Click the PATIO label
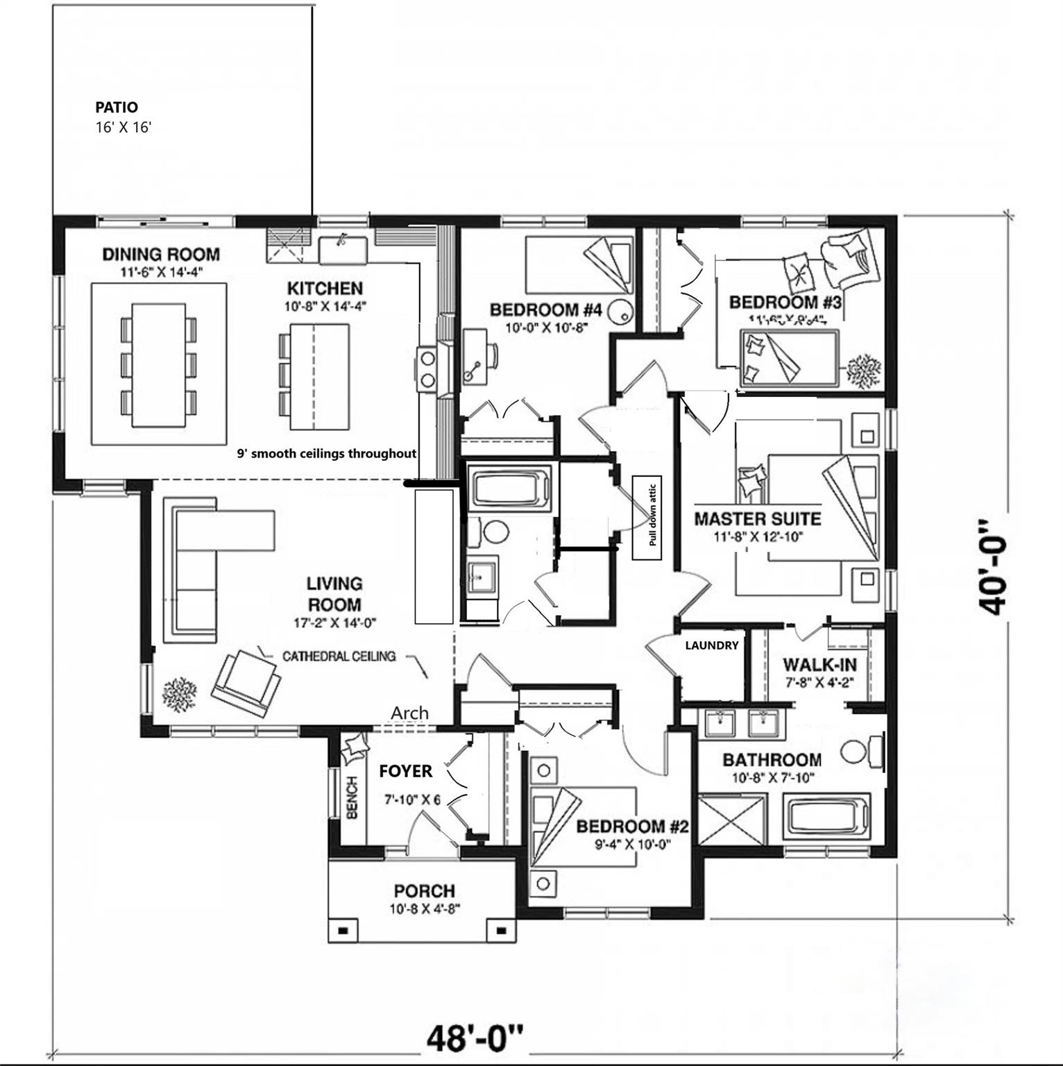point(117,108)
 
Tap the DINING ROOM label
point(161,254)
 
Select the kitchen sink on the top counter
point(343,249)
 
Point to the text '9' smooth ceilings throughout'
point(327,454)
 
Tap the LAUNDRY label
point(711,645)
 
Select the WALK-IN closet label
point(819,665)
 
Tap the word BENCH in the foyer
point(352,797)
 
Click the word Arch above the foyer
point(409,713)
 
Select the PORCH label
point(424,890)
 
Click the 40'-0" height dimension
point(993,567)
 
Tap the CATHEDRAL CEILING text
point(339,656)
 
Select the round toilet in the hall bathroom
point(495,533)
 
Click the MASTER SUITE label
point(757,519)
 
